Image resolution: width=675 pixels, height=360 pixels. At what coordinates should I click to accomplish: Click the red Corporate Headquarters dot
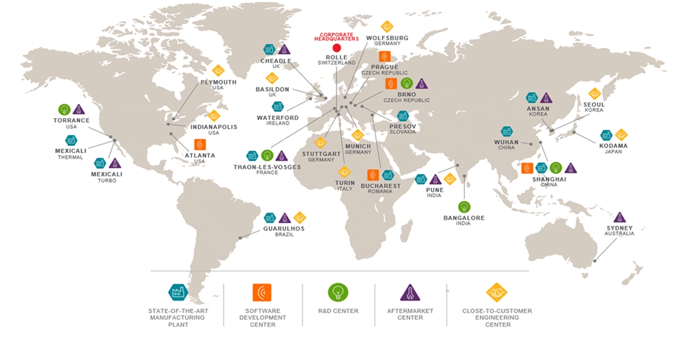336,47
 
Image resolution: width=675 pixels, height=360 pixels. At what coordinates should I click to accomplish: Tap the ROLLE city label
336,57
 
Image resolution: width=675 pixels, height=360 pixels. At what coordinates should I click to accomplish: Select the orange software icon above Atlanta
200,144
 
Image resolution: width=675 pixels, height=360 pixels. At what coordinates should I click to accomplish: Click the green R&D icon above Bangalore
464,207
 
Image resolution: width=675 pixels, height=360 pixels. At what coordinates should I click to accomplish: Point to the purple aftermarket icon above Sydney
619,217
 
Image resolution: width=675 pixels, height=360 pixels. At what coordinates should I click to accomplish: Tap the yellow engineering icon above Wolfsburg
387,27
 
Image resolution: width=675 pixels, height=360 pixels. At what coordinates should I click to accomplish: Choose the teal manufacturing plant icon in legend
178,292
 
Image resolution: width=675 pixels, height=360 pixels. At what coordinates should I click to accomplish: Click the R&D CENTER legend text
338,311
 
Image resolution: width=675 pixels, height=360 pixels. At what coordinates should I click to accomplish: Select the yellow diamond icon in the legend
496,292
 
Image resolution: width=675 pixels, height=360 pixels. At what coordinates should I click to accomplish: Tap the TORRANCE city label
71,120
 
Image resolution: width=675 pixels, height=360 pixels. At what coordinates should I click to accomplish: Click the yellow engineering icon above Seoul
594,94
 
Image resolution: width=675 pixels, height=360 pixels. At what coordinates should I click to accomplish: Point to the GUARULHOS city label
284,228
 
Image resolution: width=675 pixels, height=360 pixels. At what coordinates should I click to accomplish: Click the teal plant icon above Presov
403,116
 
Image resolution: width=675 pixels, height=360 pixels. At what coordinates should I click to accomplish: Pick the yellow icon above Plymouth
218,71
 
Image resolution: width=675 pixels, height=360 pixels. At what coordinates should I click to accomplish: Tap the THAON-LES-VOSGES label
267,167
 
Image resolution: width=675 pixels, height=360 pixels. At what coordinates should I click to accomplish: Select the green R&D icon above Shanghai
556,167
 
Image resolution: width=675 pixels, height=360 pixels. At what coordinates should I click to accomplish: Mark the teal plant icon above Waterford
277,107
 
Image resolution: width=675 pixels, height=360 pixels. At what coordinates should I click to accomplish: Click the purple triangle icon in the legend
409,292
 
